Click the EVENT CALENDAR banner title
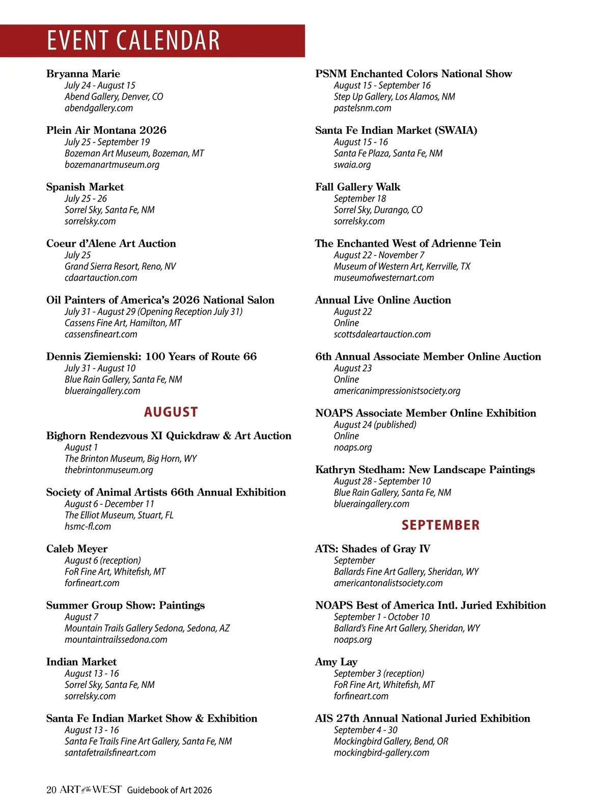click(x=133, y=41)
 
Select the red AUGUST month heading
click(x=171, y=412)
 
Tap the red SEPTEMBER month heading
click(x=440, y=525)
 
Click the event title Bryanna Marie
click(x=83, y=74)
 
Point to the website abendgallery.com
click(x=99, y=108)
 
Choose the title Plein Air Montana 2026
click(x=106, y=130)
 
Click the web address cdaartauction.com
click(x=101, y=277)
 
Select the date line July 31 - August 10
click(x=100, y=368)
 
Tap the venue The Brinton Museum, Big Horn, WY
click(x=130, y=458)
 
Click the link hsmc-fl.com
click(x=88, y=526)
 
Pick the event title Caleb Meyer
click(x=77, y=549)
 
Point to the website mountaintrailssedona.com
click(x=116, y=639)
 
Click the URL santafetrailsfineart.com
click(x=110, y=752)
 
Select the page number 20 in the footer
click(x=51, y=790)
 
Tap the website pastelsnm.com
click(x=363, y=108)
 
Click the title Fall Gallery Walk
click(x=358, y=187)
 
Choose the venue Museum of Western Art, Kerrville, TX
click(x=402, y=266)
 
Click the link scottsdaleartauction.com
click(x=382, y=334)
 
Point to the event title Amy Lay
click(x=336, y=662)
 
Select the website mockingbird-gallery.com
click(x=381, y=752)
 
